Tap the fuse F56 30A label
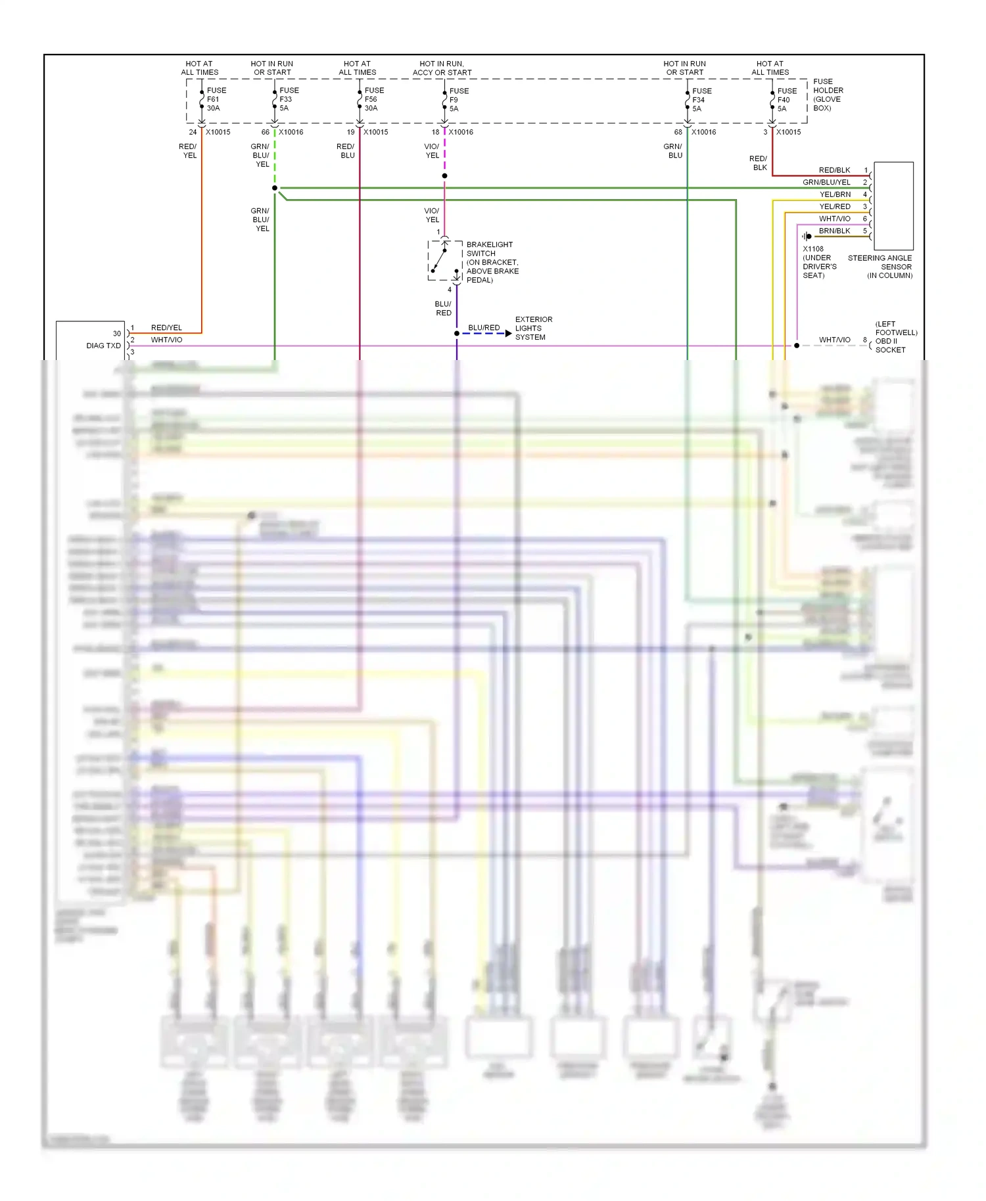point(374,99)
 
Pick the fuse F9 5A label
point(459,100)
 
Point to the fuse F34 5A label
point(701,100)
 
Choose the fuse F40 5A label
point(786,100)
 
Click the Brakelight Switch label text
point(492,262)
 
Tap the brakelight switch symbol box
point(445,261)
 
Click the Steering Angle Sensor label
point(880,267)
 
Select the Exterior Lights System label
point(533,329)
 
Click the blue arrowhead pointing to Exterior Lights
point(508,334)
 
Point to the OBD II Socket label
point(895,337)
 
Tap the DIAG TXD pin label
point(103,346)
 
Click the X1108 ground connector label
point(818,262)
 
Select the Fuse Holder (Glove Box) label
point(828,95)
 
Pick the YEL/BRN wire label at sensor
point(834,194)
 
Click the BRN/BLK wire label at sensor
point(834,231)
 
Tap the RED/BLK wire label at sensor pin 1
point(834,170)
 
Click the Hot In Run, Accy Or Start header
point(442,68)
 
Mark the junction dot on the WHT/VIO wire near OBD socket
point(797,346)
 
